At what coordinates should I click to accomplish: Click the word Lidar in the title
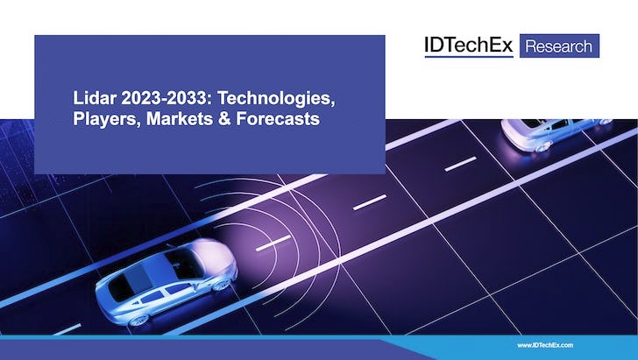tap(95, 98)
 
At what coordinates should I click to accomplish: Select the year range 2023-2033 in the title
tap(167, 98)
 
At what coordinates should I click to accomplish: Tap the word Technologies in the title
tap(276, 99)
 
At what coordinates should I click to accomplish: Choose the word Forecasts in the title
tap(278, 119)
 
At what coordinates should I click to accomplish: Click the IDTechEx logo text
tap(469, 46)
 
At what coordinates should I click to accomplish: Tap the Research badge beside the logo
tap(559, 46)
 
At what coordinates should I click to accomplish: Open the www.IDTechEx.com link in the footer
tap(545, 345)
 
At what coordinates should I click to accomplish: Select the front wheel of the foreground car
tap(223, 285)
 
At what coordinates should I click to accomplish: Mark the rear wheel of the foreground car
tap(138, 320)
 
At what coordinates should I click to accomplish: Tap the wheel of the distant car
tap(543, 146)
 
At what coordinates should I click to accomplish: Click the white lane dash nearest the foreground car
tap(273, 243)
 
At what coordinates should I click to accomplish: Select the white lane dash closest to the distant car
tap(461, 164)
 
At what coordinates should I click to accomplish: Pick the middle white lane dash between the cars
tap(370, 202)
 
